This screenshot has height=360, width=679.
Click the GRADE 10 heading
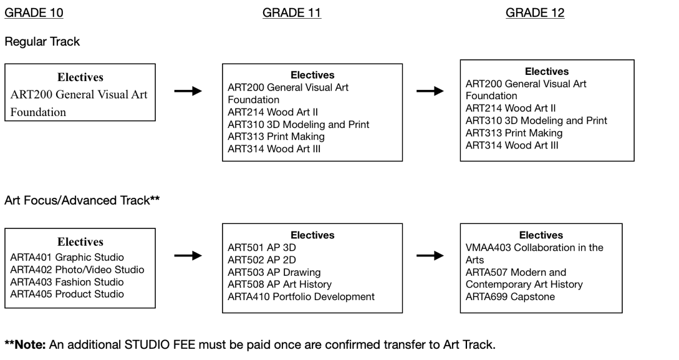34,13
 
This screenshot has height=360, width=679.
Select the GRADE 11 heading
292,13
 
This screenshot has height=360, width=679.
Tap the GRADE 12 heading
535,13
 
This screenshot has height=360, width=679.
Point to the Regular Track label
42,42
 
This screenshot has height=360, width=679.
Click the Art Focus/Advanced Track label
82,200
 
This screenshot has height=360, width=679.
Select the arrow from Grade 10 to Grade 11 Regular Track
188,91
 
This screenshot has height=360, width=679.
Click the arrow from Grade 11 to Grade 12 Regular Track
430,91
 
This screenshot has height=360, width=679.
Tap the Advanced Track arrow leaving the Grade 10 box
188,256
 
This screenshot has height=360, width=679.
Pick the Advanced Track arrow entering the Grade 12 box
430,256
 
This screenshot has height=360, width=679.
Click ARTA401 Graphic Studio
67,257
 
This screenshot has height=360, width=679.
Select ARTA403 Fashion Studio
67,282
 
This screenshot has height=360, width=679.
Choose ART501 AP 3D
262,248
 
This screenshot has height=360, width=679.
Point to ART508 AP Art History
280,285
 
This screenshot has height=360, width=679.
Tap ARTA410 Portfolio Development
301,297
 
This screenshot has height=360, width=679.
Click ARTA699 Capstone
510,297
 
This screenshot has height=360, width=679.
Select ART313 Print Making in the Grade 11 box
276,137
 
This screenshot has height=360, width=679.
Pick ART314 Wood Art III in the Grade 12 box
512,145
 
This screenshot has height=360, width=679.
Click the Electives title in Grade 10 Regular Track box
80,77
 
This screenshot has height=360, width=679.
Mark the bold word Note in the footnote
30,345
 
